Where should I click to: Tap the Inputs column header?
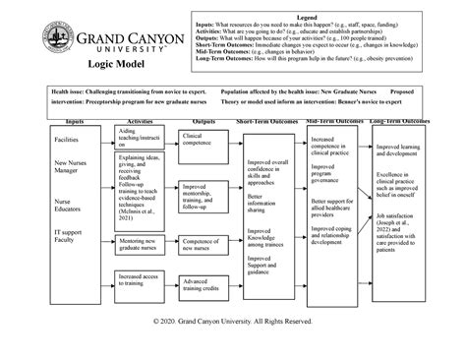75,121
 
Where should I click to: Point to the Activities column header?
140,121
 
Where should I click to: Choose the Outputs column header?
204,121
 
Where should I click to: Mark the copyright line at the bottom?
233,322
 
